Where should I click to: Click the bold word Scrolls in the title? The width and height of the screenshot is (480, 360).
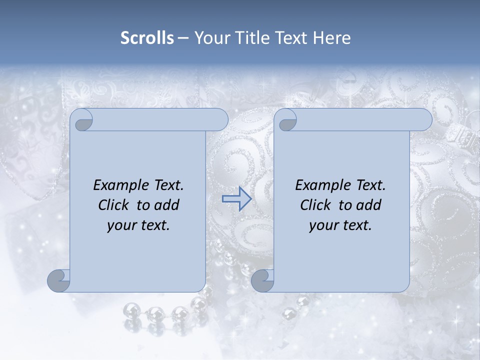(x=147, y=38)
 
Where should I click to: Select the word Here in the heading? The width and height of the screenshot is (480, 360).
(x=332, y=38)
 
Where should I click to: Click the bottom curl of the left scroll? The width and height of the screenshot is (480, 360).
(x=59, y=280)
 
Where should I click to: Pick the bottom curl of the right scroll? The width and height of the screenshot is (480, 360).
(x=262, y=280)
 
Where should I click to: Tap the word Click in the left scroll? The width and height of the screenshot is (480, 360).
(x=113, y=205)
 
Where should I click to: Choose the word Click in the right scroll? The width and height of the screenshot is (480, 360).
(x=315, y=205)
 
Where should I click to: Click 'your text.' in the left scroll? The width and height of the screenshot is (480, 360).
(x=138, y=225)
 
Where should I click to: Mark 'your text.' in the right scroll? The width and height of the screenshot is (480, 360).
(x=340, y=225)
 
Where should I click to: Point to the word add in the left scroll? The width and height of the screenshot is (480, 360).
(x=167, y=205)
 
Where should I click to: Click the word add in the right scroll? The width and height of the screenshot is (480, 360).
(x=369, y=205)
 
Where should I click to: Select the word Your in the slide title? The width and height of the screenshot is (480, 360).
(x=208, y=38)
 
